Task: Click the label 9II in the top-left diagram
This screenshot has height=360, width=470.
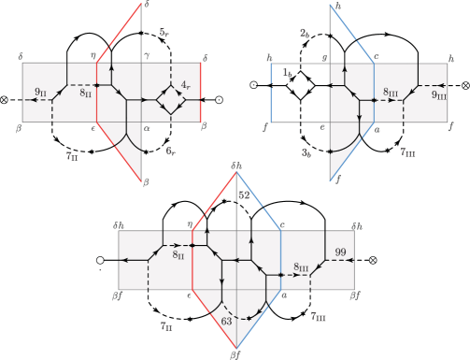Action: click(40, 91)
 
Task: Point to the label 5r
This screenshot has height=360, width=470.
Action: click(164, 33)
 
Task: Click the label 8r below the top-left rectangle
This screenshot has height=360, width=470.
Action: click(170, 150)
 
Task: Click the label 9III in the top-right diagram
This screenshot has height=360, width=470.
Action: click(438, 94)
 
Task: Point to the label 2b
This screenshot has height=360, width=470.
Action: click(306, 34)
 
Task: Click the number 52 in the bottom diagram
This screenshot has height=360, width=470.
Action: click(244, 195)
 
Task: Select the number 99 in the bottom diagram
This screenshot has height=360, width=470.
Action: click(342, 252)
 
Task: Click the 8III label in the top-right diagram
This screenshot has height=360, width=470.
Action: click(392, 92)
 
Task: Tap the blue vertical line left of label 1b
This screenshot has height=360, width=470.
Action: click(270, 94)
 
